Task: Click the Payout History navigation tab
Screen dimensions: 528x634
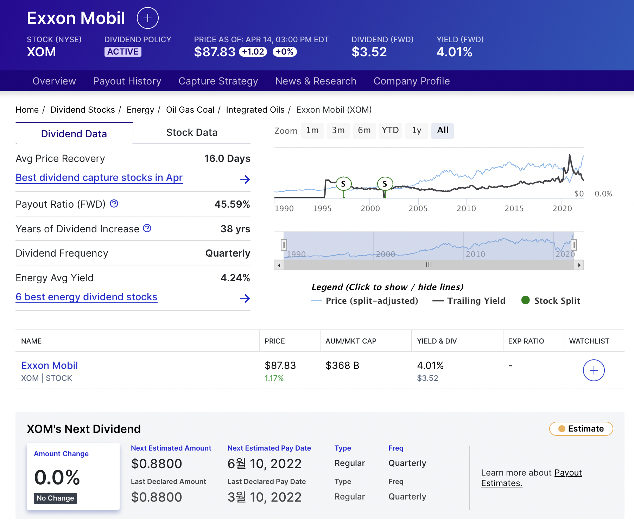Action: pyautogui.click(x=127, y=81)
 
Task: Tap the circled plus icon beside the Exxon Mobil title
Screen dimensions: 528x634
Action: pyautogui.click(x=147, y=18)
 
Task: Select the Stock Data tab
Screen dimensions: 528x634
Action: pyautogui.click(x=192, y=133)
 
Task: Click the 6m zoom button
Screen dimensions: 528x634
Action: pyautogui.click(x=364, y=131)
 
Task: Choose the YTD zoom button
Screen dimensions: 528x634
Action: pyautogui.click(x=390, y=131)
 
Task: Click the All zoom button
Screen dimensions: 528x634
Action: pyautogui.click(x=443, y=131)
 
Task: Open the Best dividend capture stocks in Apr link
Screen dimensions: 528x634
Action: pyautogui.click(x=99, y=178)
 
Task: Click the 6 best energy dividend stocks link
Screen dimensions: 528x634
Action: pyautogui.click(x=86, y=297)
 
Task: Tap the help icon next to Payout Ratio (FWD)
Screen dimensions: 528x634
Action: pyautogui.click(x=114, y=203)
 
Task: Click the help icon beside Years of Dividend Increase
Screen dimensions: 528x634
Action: pyautogui.click(x=147, y=228)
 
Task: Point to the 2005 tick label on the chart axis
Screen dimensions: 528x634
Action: pyautogui.click(x=418, y=208)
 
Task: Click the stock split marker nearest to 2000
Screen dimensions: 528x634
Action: pyautogui.click(x=385, y=183)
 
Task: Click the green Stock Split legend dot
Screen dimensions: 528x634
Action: pyautogui.click(x=525, y=300)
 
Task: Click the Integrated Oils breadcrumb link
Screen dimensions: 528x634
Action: pyautogui.click(x=255, y=110)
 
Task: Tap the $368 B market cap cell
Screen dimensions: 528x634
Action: pyautogui.click(x=342, y=365)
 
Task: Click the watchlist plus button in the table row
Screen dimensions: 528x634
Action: pyautogui.click(x=594, y=370)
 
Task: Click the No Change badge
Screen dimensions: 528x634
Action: pyautogui.click(x=55, y=498)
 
